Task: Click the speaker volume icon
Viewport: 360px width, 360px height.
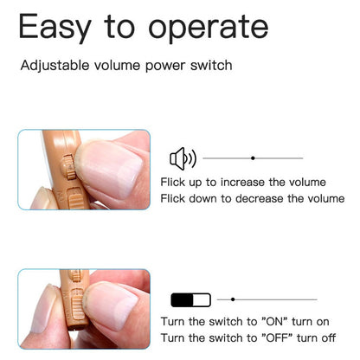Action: [182, 158]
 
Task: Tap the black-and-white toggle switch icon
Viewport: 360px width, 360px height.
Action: [190, 300]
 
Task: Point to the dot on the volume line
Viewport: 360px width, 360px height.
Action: [253, 158]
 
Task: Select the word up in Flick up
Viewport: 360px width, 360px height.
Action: [197, 183]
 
